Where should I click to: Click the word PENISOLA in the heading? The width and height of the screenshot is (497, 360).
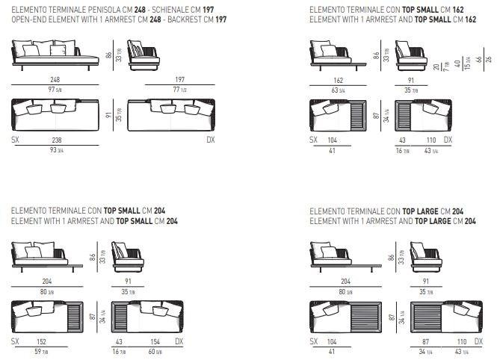point(91,8)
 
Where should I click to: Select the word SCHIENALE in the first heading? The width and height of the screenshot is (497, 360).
point(156,8)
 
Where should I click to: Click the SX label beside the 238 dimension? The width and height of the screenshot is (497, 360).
point(16,140)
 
